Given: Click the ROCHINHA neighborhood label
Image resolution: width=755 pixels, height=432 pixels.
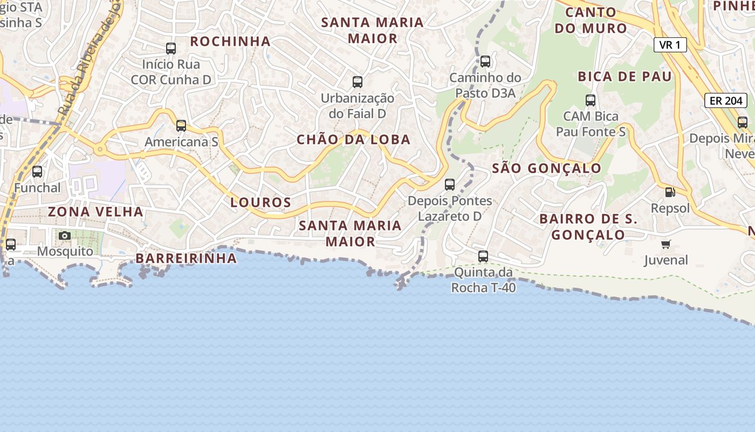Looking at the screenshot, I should coord(230,41).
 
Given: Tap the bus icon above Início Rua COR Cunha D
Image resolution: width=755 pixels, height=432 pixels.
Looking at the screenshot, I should coord(171,49).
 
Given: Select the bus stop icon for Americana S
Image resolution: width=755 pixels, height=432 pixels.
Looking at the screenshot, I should coord(181,126).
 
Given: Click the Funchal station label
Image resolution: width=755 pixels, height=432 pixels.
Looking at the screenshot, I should coord(37,187).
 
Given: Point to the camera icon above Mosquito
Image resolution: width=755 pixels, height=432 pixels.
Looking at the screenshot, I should coord(65,235).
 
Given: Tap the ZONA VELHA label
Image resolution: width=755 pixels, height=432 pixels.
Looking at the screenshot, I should coord(95,212).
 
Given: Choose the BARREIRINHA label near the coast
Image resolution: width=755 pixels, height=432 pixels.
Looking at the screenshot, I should coord(186,259).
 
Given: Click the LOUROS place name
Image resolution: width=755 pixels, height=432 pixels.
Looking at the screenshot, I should coord(261,202).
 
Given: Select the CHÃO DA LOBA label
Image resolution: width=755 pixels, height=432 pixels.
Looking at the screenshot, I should coord(354,140).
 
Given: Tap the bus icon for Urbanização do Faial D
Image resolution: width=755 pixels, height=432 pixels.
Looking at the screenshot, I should coord(358,82).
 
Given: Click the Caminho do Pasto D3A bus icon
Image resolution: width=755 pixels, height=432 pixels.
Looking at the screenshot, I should coord(485,62).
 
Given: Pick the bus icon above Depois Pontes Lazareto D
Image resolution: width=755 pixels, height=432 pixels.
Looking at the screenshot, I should coord(450,185).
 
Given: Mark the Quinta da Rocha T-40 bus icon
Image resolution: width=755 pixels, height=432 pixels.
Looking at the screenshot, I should coord(483,256).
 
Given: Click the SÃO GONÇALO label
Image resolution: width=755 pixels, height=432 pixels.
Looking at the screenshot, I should coord(547,168).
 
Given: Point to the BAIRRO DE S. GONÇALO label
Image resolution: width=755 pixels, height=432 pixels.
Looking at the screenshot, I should coord(588,227).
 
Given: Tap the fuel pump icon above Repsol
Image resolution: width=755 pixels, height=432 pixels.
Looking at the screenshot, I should coord(670,192).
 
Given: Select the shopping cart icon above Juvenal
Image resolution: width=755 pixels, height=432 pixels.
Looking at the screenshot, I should coord(666,245).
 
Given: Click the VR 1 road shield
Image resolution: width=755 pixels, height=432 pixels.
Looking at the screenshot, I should coord(670,45).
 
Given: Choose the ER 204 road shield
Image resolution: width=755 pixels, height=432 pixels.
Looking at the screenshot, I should coord(725,100).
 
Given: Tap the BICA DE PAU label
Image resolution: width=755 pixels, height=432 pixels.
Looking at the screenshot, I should coord(625,77).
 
